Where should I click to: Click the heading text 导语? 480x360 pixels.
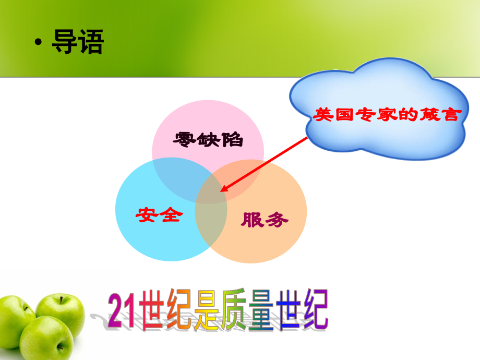[x=78, y=42]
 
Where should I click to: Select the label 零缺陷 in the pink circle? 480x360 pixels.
[x=208, y=139]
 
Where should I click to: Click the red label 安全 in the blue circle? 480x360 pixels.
[x=159, y=214]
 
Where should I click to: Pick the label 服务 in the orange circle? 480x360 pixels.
[x=265, y=220]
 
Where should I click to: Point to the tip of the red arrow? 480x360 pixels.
[x=221, y=191]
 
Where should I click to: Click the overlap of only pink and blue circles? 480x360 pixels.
[x=175, y=175]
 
